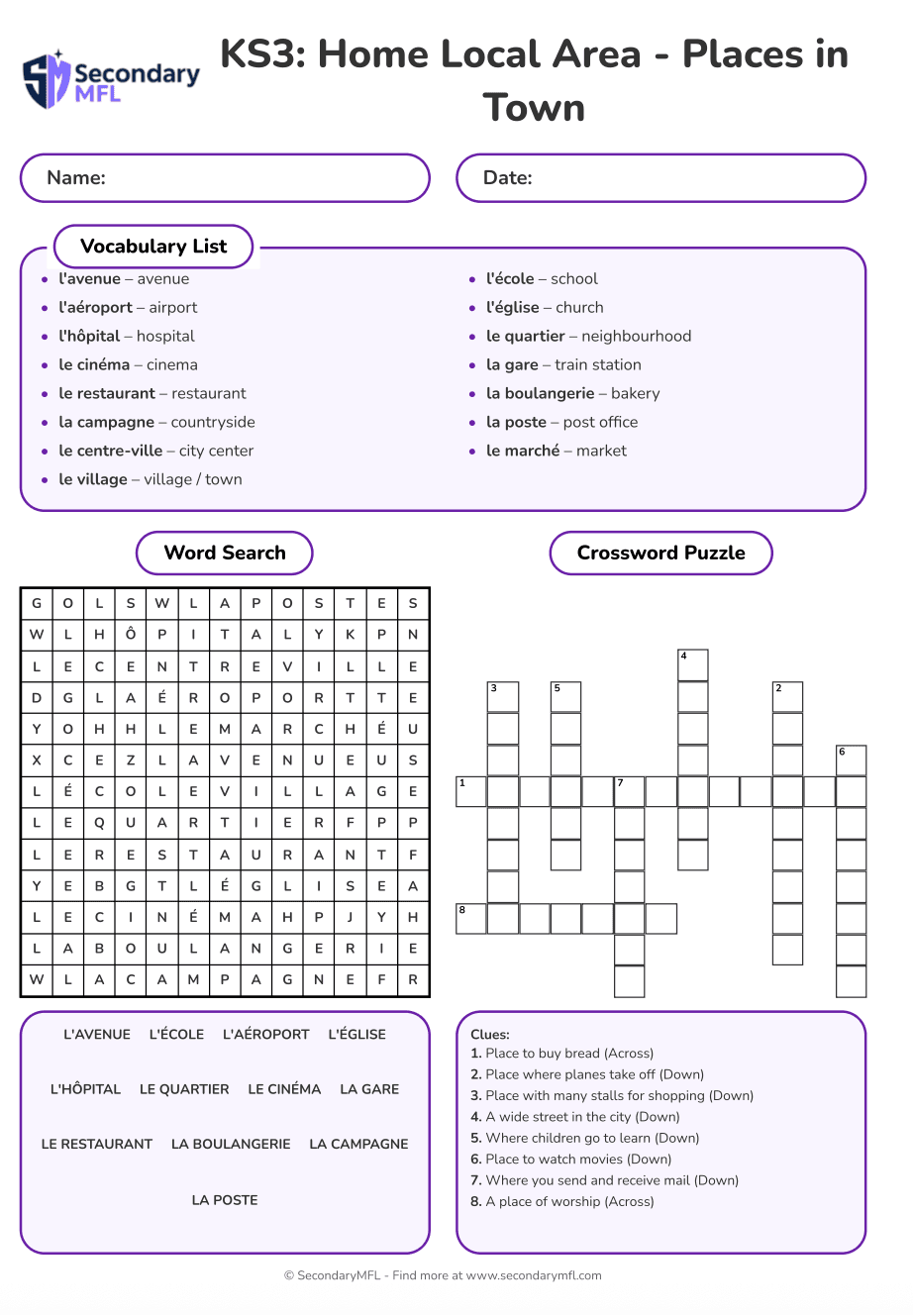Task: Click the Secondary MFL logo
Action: pos(111,80)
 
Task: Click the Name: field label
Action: pos(76,178)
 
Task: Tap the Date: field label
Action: pos(507,178)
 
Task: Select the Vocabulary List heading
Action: pos(153,247)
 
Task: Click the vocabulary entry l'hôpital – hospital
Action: pos(126,337)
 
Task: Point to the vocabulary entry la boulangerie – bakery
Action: pos(572,394)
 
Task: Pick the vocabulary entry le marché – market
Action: pos(556,452)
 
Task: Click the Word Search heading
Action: pos(225,554)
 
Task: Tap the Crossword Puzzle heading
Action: pos(660,554)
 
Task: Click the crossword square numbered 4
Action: pos(693,665)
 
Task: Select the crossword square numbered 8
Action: pos(471,919)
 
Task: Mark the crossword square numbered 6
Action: pos(852,760)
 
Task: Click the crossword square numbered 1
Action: pos(471,792)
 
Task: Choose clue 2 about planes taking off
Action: pos(587,1074)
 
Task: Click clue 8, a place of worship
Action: pos(562,1202)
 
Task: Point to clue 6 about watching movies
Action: pos(571,1160)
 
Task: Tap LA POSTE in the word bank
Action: pos(225,1200)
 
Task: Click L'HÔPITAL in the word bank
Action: pos(85,1089)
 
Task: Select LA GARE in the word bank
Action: pos(369,1089)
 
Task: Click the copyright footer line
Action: pos(443,1276)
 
